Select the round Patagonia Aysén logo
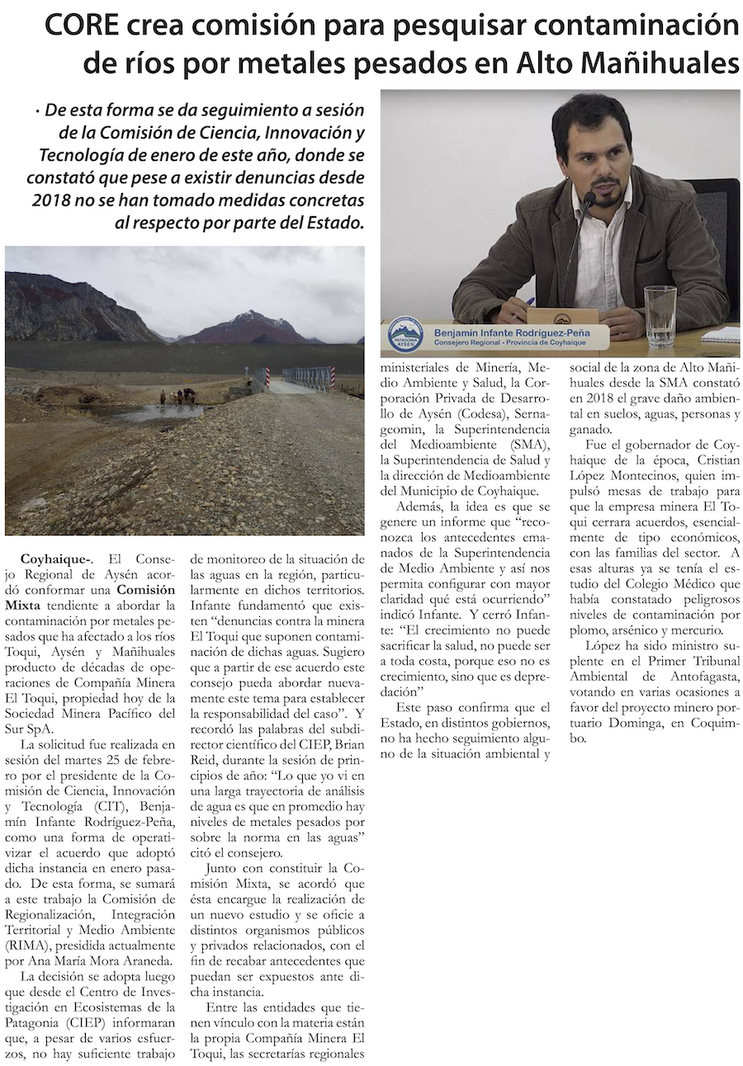point(405,335)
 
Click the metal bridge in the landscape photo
point(307,378)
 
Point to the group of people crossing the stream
point(178,397)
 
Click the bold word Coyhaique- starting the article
point(56,559)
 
